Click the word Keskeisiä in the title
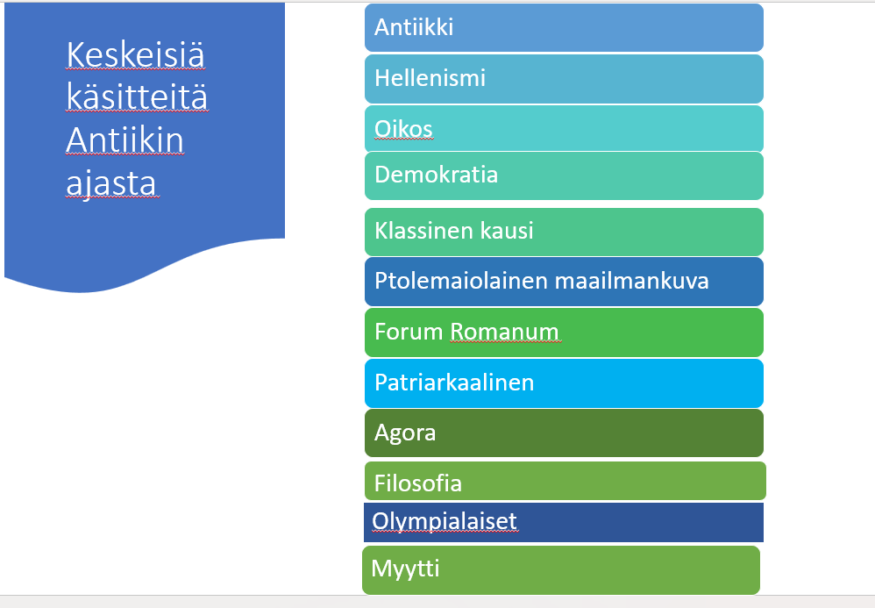tap(136, 54)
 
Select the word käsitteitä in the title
tap(137, 96)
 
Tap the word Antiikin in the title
tap(124, 139)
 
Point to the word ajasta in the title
tap(111, 182)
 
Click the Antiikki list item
tap(564, 28)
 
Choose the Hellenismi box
tap(564, 79)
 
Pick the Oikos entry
tap(564, 128)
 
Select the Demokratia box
tap(564, 175)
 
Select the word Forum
tap(409, 332)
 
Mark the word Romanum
tap(504, 332)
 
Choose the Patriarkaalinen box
tap(564, 383)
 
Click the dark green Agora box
tap(564, 433)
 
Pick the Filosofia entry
tap(565, 481)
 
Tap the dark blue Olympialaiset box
tap(564, 522)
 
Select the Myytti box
tap(561, 570)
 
